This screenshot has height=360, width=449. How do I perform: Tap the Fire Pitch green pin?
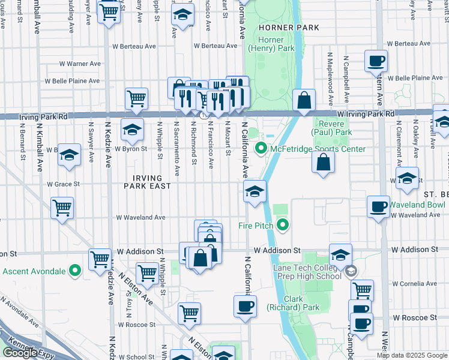283,226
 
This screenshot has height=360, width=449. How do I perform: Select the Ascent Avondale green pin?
75,271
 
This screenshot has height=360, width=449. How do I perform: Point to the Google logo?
20,353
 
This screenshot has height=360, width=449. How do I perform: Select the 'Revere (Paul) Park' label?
332,127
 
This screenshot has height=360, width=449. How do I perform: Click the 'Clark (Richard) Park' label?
293,303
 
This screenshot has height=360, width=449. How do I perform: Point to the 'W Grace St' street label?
63,184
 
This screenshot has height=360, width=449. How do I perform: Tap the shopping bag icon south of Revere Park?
323,162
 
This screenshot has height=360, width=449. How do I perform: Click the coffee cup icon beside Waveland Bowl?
378,206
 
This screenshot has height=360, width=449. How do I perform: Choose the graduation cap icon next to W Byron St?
133,128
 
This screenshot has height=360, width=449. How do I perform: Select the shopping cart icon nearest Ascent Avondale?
100,259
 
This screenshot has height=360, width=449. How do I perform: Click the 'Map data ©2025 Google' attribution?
411,355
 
